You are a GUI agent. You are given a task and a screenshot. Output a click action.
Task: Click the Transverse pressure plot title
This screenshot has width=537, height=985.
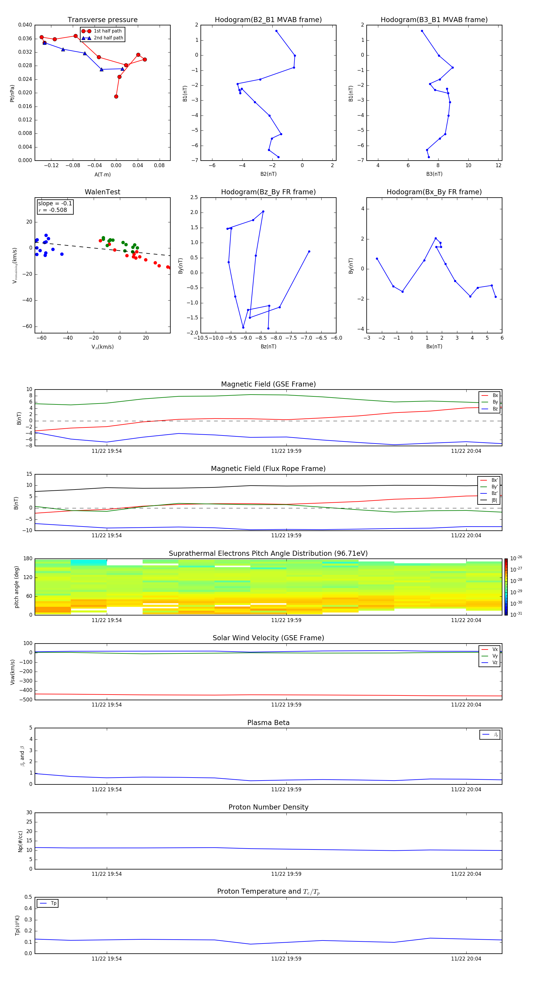(102, 20)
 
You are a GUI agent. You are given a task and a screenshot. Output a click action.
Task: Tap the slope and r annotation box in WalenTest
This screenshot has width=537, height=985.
(55, 207)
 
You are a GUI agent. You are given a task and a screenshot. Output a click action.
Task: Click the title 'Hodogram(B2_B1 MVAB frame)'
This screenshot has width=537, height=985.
(268, 20)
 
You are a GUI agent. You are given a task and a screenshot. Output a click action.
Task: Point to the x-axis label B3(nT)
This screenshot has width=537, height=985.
(434, 174)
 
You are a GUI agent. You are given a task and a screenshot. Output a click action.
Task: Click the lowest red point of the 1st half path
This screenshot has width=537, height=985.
(116, 96)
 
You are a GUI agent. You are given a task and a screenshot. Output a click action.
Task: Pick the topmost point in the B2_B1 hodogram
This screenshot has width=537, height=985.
(276, 31)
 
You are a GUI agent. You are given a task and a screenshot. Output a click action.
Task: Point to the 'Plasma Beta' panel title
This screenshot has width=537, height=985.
(268, 723)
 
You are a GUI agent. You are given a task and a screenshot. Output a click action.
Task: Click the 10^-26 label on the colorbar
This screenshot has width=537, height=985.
(516, 558)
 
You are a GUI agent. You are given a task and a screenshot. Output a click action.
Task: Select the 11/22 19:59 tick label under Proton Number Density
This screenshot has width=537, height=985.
(286, 874)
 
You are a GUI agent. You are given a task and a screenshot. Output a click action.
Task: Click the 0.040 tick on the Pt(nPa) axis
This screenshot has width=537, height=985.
(25, 25)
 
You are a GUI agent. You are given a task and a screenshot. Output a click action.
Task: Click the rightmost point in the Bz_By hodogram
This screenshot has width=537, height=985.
(309, 252)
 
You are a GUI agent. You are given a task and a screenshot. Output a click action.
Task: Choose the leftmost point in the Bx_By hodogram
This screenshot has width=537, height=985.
(377, 259)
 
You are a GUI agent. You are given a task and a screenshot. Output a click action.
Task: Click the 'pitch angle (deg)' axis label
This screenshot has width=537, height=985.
(17, 587)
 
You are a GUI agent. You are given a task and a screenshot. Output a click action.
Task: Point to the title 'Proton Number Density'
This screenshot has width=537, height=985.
(268, 807)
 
